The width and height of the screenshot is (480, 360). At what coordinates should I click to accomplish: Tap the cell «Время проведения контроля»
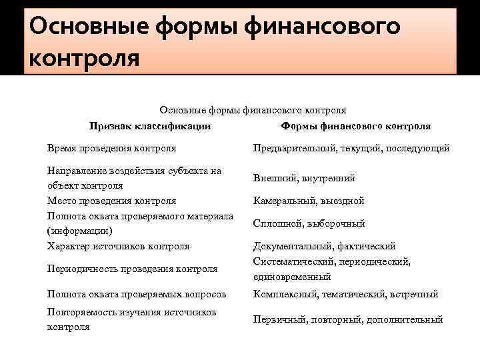(x=112, y=148)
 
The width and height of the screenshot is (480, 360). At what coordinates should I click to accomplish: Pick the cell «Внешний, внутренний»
(x=304, y=178)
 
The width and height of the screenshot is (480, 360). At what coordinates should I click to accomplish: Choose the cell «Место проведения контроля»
(x=112, y=201)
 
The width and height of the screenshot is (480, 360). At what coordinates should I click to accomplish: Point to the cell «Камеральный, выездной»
(x=309, y=201)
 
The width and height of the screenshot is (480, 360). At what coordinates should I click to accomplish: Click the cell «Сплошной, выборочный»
(x=309, y=223)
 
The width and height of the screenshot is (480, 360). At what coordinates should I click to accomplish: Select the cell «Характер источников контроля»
(x=119, y=246)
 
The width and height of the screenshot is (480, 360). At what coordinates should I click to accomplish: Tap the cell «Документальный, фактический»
(x=325, y=246)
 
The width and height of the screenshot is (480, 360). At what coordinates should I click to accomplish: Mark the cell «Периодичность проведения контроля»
(x=133, y=269)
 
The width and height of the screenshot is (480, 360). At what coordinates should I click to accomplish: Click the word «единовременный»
(x=292, y=277)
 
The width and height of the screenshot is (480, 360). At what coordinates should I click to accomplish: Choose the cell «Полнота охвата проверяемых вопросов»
(x=137, y=293)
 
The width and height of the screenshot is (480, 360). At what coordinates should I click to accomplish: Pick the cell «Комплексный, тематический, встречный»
(x=345, y=293)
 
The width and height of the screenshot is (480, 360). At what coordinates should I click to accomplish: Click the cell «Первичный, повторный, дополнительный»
(x=348, y=319)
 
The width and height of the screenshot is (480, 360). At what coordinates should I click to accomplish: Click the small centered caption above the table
(x=253, y=110)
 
